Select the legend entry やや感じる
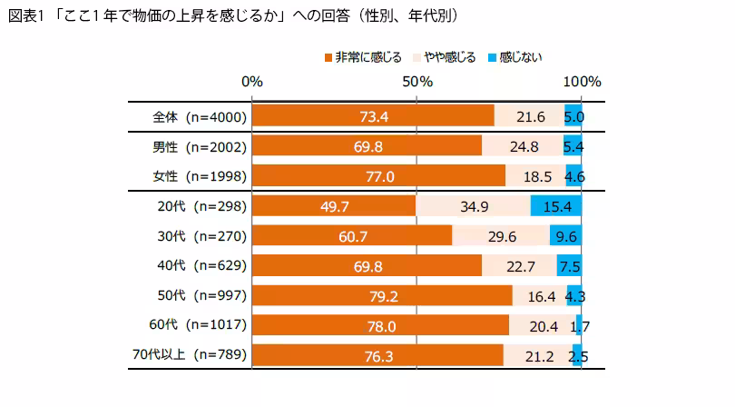444,58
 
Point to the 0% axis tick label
251,82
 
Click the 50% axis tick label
416,82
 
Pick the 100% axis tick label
581,82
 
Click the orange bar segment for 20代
333,206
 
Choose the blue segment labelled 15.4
555,206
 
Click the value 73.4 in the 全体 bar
373,116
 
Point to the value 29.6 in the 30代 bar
501,236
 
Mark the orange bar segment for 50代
382,296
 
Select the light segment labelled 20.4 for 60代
542,325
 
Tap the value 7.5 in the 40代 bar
569,266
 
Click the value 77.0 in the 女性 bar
378,176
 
